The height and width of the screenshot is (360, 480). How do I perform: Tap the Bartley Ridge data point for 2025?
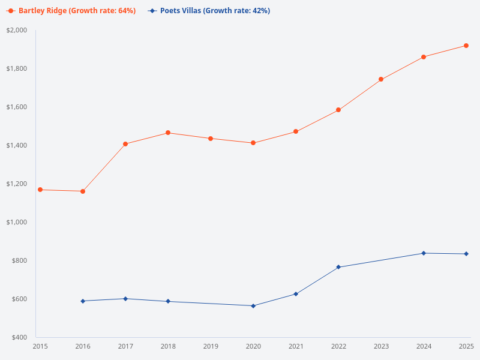click(466, 46)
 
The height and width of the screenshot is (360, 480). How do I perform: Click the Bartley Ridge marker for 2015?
click(40, 190)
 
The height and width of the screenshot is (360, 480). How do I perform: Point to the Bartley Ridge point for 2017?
click(125, 144)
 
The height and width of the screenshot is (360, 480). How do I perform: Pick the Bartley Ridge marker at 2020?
click(253, 143)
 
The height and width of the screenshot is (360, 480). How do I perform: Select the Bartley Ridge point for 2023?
click(381, 79)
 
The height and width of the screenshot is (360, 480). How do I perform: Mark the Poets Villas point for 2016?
click(83, 301)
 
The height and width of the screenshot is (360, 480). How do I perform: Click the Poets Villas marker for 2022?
click(338, 267)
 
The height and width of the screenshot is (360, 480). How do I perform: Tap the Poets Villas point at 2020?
click(253, 306)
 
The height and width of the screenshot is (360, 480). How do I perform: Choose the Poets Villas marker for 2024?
click(424, 253)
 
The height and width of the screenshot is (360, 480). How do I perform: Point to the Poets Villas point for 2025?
click(466, 254)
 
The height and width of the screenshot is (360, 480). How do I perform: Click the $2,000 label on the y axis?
click(17, 30)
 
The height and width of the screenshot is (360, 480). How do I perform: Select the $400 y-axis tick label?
click(19, 337)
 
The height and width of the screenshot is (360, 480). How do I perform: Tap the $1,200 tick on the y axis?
click(17, 184)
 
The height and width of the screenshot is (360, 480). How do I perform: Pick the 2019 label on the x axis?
click(211, 347)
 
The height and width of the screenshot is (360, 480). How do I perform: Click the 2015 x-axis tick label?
click(40, 347)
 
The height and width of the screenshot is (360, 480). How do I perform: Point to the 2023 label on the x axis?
click(381, 347)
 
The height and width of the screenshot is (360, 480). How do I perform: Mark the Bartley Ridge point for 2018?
click(168, 133)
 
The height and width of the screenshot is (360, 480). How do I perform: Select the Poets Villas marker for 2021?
click(296, 294)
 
